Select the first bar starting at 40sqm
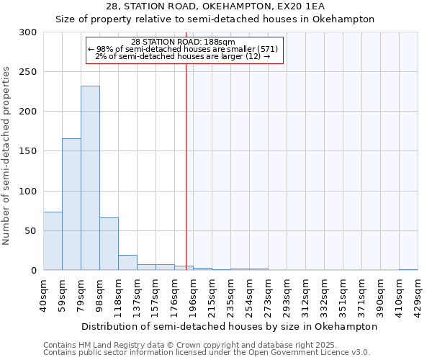53,240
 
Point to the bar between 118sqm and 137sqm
127,263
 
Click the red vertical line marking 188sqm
186,158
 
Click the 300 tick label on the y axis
28,32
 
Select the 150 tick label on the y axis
28,151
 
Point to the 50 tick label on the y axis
31,231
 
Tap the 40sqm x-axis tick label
44,293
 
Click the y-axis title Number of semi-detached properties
7,156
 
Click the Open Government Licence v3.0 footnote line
207,353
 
